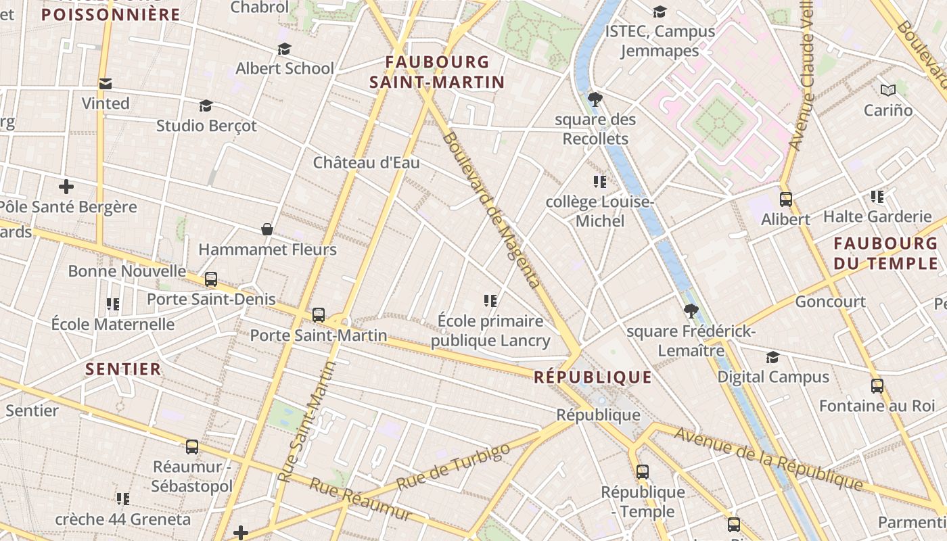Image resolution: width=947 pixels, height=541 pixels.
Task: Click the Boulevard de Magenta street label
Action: [x=491, y=210]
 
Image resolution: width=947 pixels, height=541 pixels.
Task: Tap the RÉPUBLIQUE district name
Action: [x=593, y=377]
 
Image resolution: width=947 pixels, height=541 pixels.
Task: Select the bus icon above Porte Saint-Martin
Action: [x=319, y=314]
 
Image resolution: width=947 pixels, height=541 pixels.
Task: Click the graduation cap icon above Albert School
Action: [x=284, y=49]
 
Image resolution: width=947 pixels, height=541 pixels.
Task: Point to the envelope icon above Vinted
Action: [x=106, y=84]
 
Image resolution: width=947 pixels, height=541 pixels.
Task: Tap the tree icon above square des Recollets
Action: [x=595, y=100]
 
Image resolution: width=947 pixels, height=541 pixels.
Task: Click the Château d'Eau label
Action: [x=366, y=162]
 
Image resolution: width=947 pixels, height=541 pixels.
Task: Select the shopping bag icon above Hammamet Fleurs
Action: [x=267, y=230]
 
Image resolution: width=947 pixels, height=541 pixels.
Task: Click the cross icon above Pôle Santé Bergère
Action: [x=66, y=187]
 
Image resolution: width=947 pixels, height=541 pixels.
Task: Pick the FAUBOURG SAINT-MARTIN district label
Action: [x=437, y=72]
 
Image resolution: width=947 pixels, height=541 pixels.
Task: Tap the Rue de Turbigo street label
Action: [x=453, y=467]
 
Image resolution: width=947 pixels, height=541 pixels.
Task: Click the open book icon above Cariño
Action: [x=888, y=90]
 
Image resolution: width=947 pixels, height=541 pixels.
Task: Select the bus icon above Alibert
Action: [x=785, y=199]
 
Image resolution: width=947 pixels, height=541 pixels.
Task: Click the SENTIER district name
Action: [x=124, y=369]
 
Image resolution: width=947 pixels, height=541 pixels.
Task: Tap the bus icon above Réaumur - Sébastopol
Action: [x=192, y=446]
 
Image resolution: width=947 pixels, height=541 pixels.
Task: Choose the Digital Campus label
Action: [x=773, y=377]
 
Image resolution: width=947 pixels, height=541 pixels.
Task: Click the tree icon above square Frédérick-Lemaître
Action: [x=691, y=311]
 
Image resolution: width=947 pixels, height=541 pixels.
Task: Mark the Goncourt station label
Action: [x=830, y=302]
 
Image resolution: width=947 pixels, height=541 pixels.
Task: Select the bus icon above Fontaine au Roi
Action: [x=877, y=386]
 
